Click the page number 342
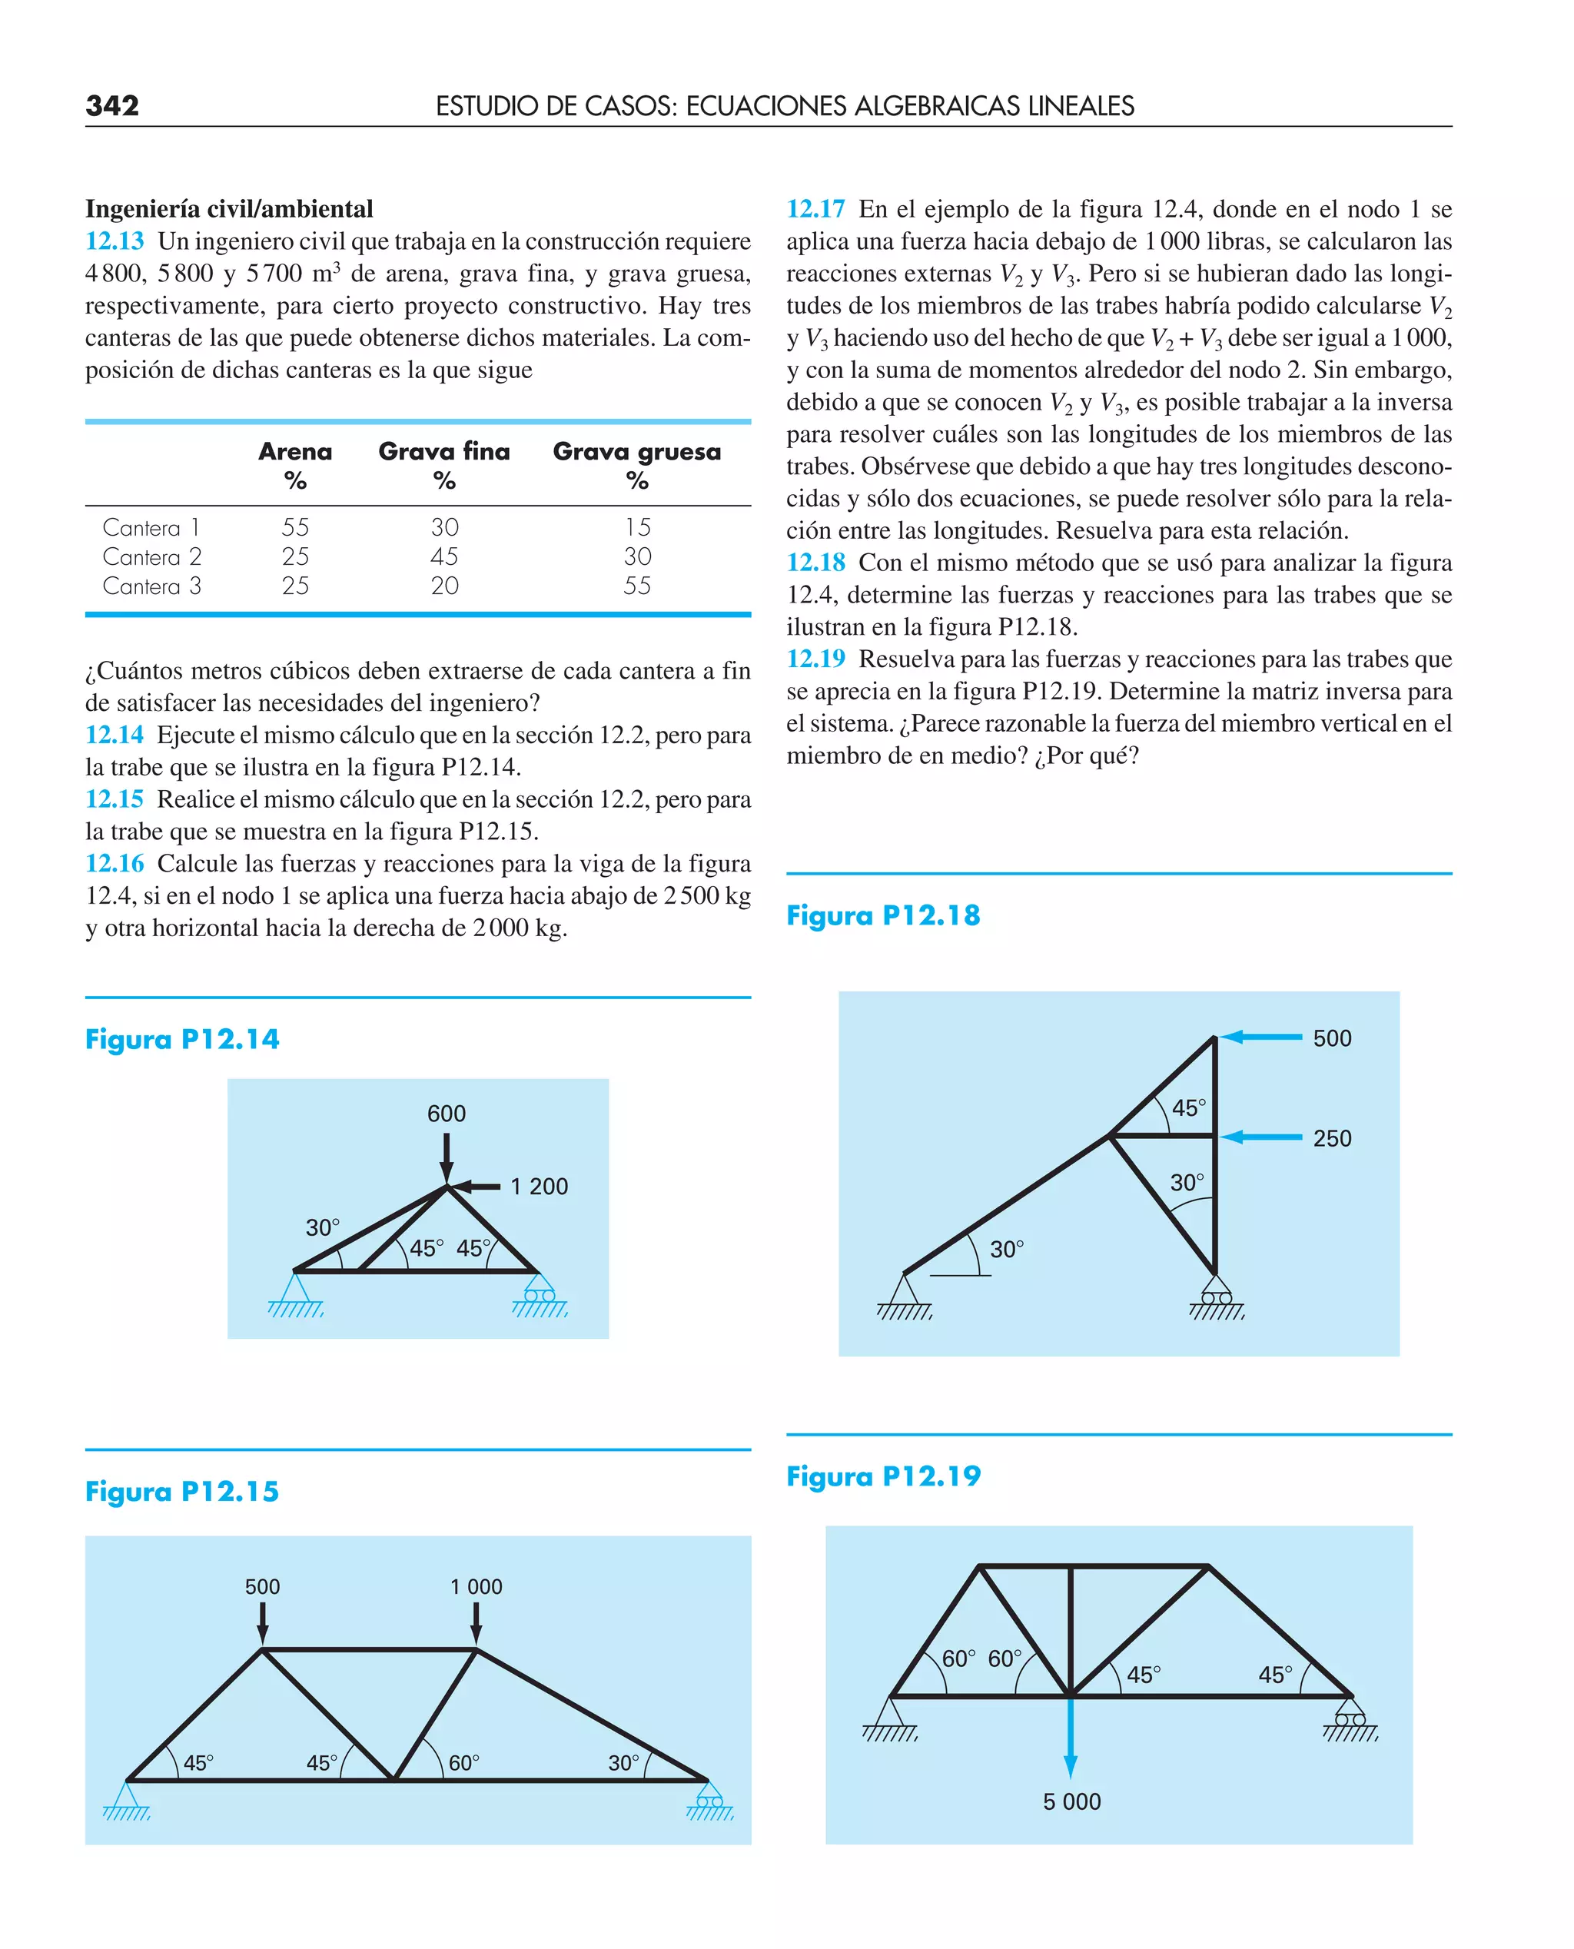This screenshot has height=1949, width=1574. click(x=112, y=105)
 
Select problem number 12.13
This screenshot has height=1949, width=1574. click(x=115, y=241)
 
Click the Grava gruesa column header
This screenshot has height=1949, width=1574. click(x=636, y=451)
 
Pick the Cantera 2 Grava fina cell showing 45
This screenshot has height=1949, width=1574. click(x=444, y=556)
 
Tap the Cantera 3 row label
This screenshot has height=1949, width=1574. click(x=151, y=586)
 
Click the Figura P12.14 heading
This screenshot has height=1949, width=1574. click(x=182, y=1039)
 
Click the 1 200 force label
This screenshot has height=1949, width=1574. click(x=539, y=1186)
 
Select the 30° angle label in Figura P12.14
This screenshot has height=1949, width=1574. click(x=322, y=1227)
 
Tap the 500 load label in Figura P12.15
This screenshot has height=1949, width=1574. click(x=262, y=1586)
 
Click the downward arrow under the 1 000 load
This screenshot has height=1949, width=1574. click(x=476, y=1622)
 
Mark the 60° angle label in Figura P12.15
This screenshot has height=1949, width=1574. click(x=463, y=1762)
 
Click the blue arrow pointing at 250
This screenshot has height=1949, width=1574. click(x=1260, y=1136)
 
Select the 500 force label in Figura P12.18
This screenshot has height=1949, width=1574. click(x=1332, y=1038)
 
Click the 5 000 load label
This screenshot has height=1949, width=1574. click(x=1071, y=1801)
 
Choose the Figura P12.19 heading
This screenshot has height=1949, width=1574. click(x=883, y=1476)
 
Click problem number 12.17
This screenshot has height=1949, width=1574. click(x=815, y=209)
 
